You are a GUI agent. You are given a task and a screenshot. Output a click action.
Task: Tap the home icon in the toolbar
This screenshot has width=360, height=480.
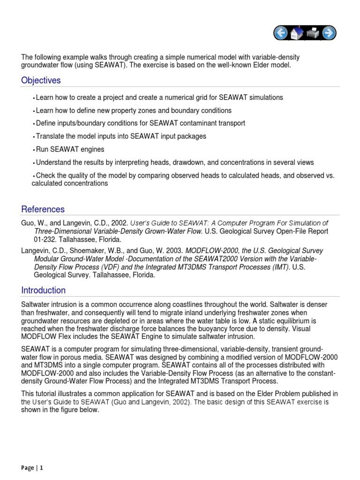[297, 33]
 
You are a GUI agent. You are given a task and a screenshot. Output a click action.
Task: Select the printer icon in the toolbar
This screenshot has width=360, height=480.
[313, 33]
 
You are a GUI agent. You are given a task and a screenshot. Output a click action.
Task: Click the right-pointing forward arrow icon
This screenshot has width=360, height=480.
[328, 33]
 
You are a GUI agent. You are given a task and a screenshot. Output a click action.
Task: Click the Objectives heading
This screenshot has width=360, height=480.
[41, 81]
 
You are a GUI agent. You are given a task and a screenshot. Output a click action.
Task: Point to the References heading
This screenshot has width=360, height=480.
[43, 210]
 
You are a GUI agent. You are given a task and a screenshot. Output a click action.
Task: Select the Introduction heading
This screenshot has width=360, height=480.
[43, 290]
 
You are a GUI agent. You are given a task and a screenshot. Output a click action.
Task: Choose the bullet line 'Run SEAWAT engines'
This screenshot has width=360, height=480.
[70, 150]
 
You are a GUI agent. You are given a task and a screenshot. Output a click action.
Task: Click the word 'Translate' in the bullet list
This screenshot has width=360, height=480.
[50, 136]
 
